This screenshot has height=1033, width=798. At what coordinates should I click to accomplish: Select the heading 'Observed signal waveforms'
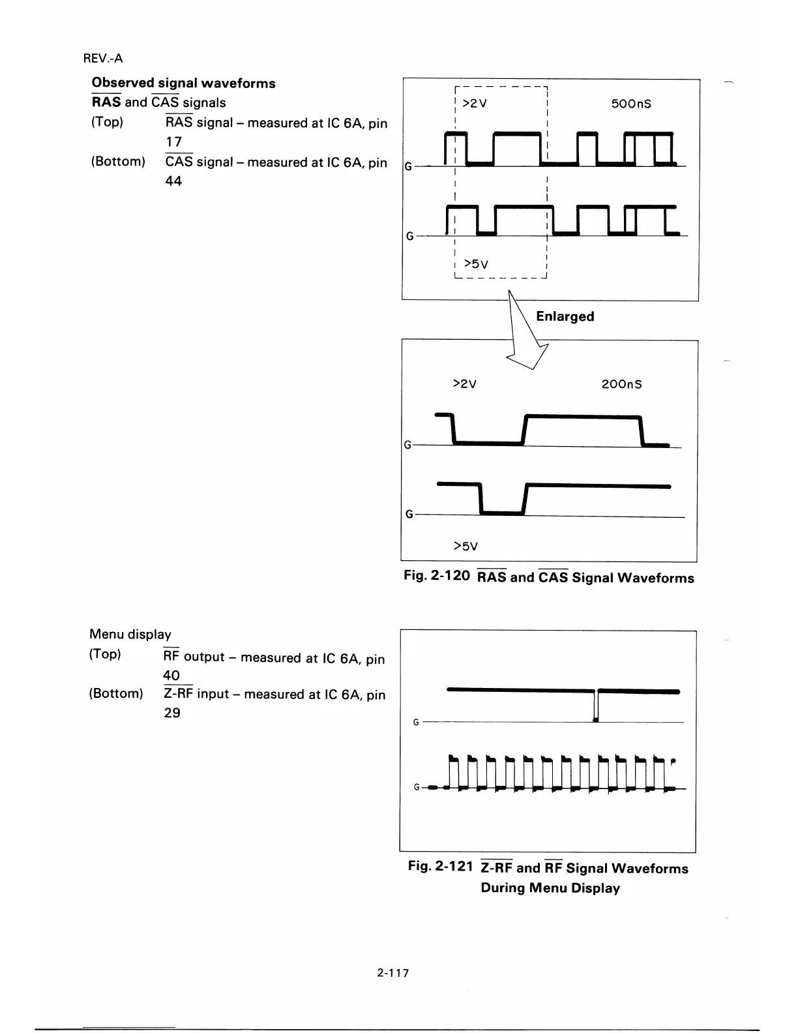coord(183,83)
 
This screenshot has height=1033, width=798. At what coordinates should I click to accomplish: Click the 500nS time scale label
coord(632,104)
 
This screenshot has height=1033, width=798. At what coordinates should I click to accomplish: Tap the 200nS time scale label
coord(621,384)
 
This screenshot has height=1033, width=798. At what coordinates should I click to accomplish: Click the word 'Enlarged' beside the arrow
coord(565,316)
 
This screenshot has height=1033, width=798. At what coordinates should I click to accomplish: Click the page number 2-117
coord(392,973)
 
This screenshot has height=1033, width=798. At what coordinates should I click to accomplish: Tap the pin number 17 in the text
coord(173,142)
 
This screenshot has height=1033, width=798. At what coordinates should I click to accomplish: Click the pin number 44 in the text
coord(173,181)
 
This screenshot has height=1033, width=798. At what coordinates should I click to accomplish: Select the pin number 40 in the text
coord(171,676)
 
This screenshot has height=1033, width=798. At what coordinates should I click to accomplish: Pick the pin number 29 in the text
coord(171,713)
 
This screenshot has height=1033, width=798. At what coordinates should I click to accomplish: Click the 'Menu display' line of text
coord(130,634)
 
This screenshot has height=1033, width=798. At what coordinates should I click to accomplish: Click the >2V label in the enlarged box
coord(464,384)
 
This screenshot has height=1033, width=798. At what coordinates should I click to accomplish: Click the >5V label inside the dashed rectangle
coord(475,263)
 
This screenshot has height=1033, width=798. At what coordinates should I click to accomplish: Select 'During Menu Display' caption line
coord(550,888)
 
